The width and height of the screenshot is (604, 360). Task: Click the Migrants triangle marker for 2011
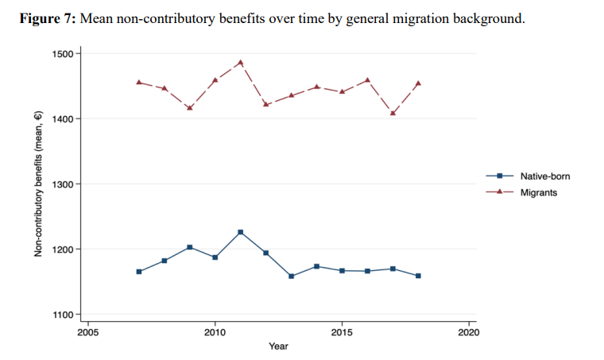tap(240, 62)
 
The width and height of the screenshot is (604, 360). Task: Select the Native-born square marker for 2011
tap(240, 232)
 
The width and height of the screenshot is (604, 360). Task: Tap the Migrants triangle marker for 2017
tap(393, 113)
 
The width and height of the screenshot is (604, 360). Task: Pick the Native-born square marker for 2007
tap(139, 272)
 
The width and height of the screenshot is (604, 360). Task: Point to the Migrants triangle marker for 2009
tap(189, 107)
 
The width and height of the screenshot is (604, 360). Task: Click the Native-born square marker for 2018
tap(418, 276)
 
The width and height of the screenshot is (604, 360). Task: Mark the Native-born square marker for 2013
tap(291, 276)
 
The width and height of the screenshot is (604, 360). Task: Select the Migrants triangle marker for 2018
tap(418, 83)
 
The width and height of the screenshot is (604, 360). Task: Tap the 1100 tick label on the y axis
tap(62, 315)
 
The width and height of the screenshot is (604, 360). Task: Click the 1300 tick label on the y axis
tap(62, 184)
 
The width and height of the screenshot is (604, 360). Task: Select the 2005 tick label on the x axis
tap(87, 330)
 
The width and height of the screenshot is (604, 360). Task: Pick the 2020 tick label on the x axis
tap(469, 330)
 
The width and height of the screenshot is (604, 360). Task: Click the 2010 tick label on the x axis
tap(215, 330)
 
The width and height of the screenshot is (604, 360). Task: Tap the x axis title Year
tap(278, 346)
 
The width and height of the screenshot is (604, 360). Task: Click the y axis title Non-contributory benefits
tap(38, 184)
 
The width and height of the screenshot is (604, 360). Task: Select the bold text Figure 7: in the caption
tap(48, 18)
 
